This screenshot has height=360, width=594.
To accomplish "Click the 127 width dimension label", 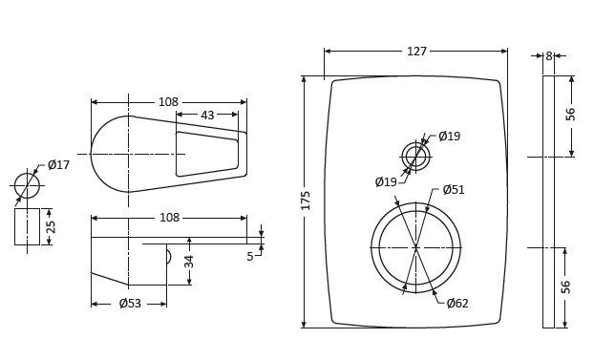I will tap(416, 52).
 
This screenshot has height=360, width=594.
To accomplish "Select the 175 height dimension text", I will tap(306, 201).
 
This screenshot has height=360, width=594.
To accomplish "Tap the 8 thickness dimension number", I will tap(548, 56).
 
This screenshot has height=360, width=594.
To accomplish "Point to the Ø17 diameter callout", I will tap(58, 165).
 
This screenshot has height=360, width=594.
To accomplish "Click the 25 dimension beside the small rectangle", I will tap(52, 226).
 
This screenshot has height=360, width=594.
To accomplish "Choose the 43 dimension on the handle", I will tap(207, 116).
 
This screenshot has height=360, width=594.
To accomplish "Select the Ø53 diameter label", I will tap(130, 304).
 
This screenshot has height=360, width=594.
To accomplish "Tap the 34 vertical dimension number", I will tap(189, 261).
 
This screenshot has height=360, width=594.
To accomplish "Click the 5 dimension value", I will tap(250, 257).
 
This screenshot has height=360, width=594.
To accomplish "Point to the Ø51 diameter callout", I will tap(454, 190).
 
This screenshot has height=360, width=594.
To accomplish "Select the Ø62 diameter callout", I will tap(457, 304).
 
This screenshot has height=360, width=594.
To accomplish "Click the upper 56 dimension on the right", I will tap(571, 114).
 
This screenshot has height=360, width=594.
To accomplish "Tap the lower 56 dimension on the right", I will tap(566, 286).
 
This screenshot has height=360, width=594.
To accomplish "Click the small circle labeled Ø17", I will tap(27, 185).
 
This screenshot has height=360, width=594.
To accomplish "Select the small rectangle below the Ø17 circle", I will tap(27, 226).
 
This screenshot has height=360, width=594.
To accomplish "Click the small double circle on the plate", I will tap(415, 157).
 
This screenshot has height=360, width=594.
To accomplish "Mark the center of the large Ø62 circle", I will tap(415, 247).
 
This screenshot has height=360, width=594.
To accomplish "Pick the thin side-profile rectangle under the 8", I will tap(548, 201).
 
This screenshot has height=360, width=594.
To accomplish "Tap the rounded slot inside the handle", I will tap(207, 154).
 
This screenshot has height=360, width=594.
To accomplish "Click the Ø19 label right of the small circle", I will tap(449, 137).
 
